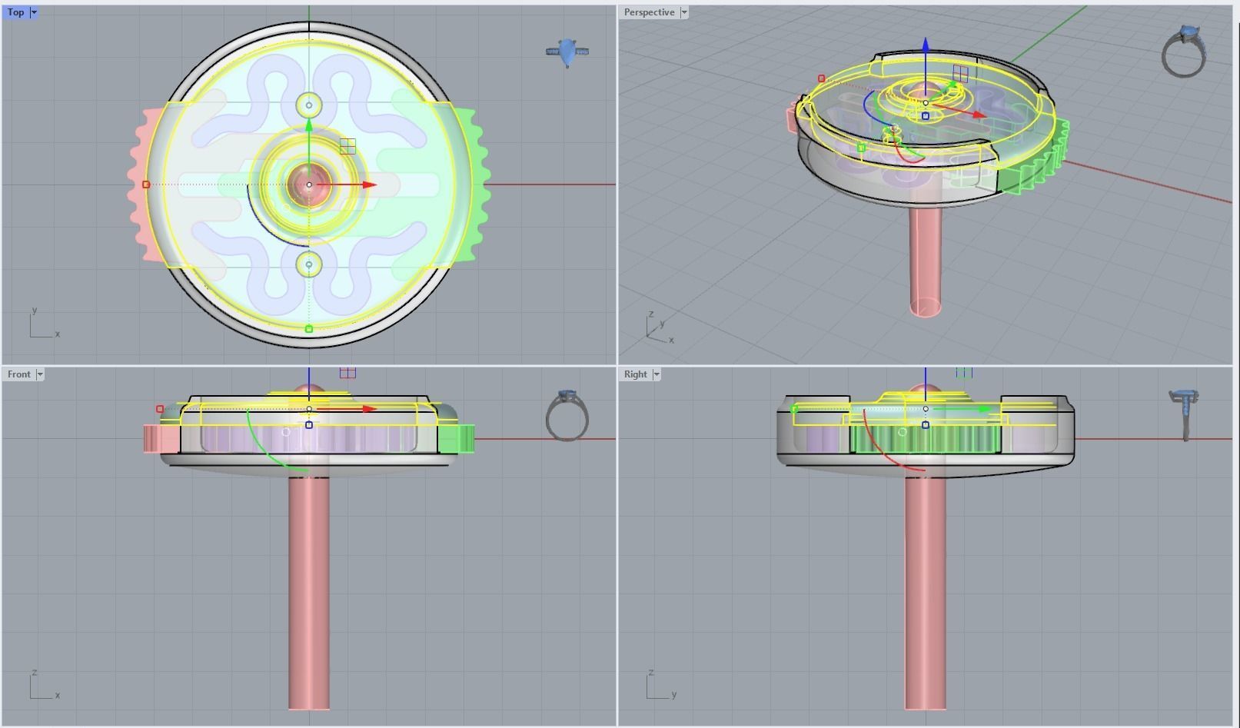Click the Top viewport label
click(x=15, y=12)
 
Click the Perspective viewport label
click(x=649, y=12)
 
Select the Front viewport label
click(x=18, y=374)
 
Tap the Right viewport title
click(x=635, y=374)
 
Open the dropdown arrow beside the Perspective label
click(x=684, y=12)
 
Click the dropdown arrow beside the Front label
click(x=40, y=374)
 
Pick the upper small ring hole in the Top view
click(x=309, y=105)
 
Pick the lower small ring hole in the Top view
click(x=309, y=264)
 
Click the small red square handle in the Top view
click(x=146, y=184)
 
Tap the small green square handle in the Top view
click(x=309, y=329)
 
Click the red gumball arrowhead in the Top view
click(x=370, y=184)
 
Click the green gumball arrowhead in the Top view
click(x=309, y=125)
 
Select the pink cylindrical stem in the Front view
click(x=309, y=592)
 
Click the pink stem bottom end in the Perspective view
click(x=925, y=307)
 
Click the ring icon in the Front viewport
click(x=567, y=416)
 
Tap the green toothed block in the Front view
click(x=455, y=439)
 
